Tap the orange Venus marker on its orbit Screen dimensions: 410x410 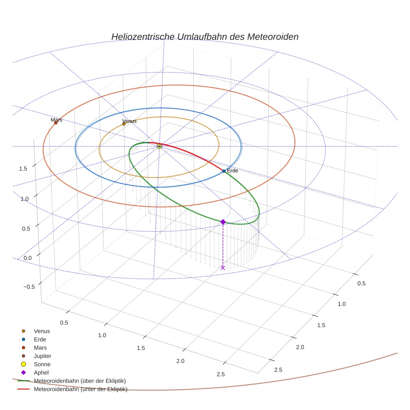(x=124, y=124)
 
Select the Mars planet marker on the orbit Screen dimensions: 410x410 (x=56, y=122)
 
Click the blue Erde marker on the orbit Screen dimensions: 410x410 (x=224, y=171)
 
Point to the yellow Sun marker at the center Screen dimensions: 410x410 (x=159, y=146)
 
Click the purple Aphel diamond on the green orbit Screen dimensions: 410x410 (x=223, y=222)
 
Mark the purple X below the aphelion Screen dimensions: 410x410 (x=223, y=267)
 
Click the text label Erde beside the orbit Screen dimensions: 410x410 (x=232, y=171)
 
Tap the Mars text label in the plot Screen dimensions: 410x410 (x=57, y=120)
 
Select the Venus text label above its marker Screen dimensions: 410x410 (x=129, y=121)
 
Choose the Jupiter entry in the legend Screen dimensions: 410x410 (x=42, y=356)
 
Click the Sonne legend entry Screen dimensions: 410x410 (x=42, y=364)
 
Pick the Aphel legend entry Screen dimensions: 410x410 (x=41, y=372)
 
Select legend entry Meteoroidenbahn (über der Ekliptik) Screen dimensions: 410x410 (x=80, y=381)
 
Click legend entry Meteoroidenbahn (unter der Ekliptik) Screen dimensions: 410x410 (x=80, y=389)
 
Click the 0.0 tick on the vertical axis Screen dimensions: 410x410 (x=27, y=258)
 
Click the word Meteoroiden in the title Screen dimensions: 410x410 (x=272, y=37)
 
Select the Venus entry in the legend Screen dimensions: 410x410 (x=42, y=331)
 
